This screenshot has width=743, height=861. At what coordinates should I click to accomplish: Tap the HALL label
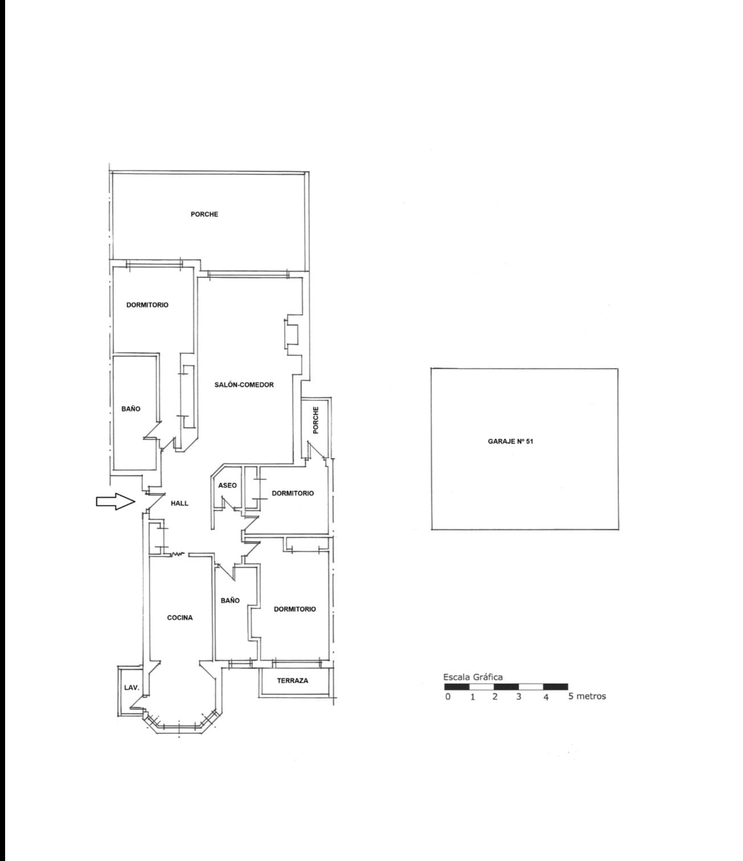pos(179,503)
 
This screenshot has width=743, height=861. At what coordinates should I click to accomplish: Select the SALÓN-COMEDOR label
pos(244,385)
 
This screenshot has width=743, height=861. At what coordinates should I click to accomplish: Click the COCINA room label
pos(179,618)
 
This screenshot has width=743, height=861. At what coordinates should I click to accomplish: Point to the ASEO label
pos(227,486)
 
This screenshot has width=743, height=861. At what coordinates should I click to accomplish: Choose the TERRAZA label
pos(292,680)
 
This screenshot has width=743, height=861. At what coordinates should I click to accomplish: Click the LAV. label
pos(132,688)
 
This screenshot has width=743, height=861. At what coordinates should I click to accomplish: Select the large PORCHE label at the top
pos(205,214)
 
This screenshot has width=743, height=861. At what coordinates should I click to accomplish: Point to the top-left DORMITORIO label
pos(148,305)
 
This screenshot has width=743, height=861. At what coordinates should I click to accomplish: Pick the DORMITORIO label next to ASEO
pos(292,493)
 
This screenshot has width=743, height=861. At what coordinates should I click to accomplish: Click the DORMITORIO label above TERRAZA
pos(295,609)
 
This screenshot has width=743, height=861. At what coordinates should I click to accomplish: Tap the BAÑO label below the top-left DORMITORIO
pos(130,409)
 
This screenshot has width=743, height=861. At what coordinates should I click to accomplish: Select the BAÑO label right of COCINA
pos(230,600)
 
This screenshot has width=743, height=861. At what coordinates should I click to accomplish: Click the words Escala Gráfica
pos(473,677)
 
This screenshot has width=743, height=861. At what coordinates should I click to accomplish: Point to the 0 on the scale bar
pos(448,696)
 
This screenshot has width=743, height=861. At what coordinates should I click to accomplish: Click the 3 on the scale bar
pos(519,696)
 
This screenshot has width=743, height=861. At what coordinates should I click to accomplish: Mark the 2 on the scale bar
pos(495,696)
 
